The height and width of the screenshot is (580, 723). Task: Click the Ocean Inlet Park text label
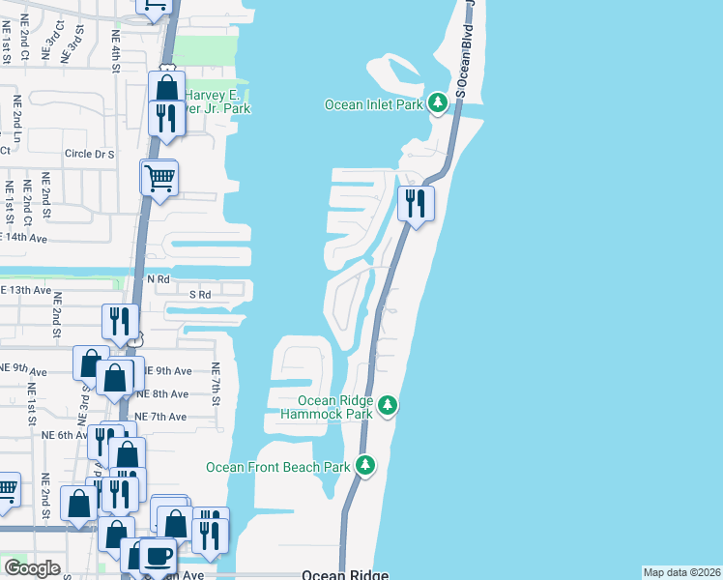click(x=374, y=104)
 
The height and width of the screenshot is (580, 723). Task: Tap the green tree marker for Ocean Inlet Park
click(x=438, y=102)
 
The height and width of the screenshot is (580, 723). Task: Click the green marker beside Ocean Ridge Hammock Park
click(x=388, y=403)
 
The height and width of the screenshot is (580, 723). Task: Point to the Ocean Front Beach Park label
click(x=277, y=467)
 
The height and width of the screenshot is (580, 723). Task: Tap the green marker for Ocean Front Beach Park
click(x=365, y=466)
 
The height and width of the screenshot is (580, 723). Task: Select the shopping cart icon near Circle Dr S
click(x=159, y=177)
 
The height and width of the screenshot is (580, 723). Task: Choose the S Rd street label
click(x=200, y=294)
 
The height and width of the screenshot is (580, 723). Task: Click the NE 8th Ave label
click(x=162, y=393)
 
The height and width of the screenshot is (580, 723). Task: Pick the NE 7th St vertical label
click(x=217, y=383)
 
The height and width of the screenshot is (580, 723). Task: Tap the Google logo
click(x=32, y=568)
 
